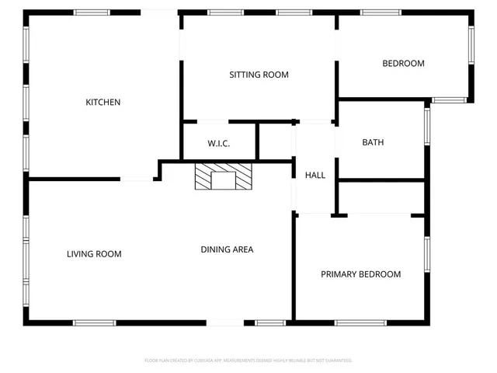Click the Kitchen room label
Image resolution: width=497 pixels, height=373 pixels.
pos(103,102)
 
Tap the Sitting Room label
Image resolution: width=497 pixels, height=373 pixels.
pos(259,75)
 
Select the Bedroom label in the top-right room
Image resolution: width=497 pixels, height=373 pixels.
pos(403,63)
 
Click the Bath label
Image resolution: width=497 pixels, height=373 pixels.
pos(373,142)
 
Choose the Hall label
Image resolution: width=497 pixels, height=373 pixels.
pos(315,175)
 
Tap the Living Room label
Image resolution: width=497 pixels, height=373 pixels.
pos(94,253)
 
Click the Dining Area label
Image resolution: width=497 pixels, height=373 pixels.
pos(227,249)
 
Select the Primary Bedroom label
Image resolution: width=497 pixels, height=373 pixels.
pos(361,274)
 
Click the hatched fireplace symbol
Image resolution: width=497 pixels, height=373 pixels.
pos(224,176)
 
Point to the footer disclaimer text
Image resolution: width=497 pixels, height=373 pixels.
pos(248,361)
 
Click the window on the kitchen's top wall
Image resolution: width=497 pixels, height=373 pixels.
pos(92,12)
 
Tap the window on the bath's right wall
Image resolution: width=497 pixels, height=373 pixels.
pos(426,126)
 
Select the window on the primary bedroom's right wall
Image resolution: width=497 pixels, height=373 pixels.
pos(426,253)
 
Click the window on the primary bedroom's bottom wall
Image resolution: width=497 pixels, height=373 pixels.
pos(360,322)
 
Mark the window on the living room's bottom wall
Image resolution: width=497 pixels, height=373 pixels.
pos(95,322)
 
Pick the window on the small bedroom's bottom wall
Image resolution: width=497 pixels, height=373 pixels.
pos(449,100)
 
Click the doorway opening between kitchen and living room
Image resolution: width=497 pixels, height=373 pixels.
pos(137,180)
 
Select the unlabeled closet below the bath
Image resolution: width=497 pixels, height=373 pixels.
pos(381,197)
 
